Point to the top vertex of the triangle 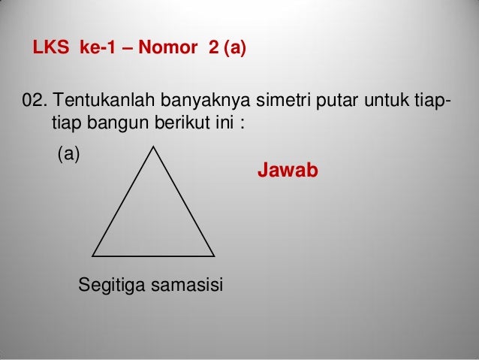coord(154,147)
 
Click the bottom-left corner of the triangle coord(92,255)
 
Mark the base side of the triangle coord(153,256)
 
